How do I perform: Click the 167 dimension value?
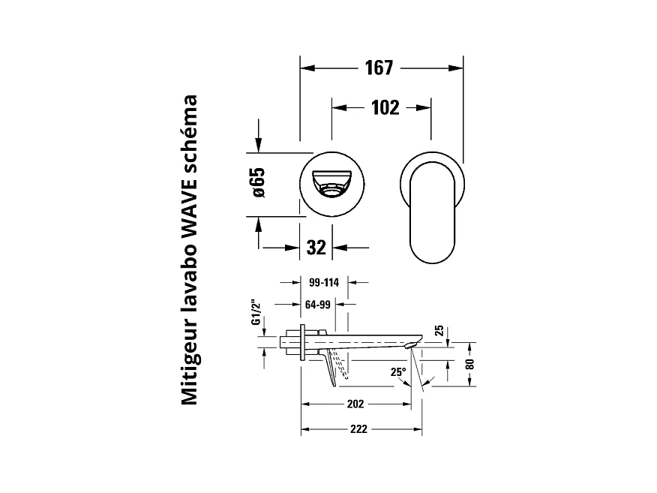379,68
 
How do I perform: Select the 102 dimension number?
385,108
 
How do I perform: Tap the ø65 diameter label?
259,183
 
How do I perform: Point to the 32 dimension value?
316,248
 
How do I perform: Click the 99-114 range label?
324,283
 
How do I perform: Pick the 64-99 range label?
317,305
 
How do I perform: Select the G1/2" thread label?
256,312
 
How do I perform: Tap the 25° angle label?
398,372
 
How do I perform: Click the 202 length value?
355,404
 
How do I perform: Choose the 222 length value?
358,429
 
